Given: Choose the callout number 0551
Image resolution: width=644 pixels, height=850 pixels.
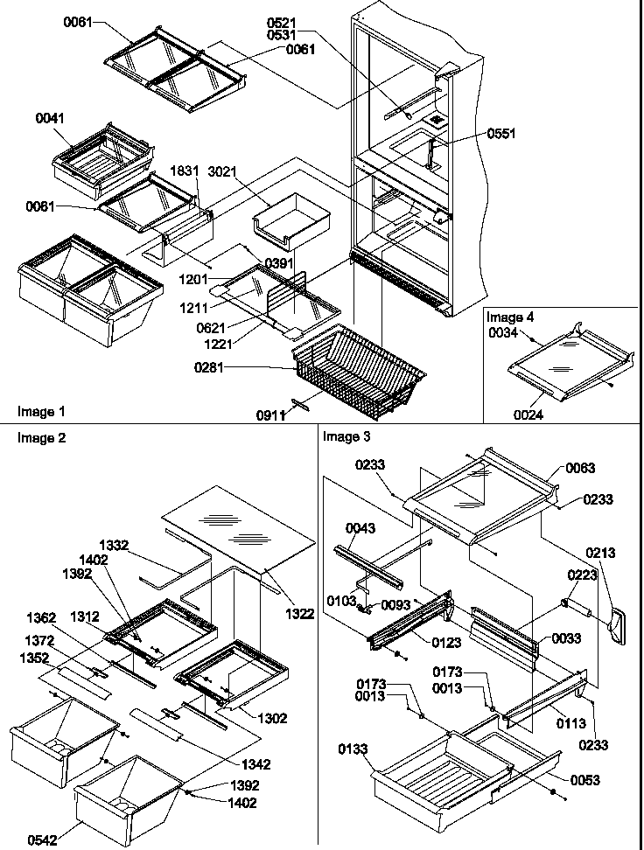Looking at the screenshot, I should click(x=502, y=134).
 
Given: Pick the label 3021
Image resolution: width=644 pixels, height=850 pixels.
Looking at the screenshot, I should click(x=220, y=174).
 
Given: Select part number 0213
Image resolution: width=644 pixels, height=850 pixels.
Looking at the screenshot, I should click(x=601, y=553).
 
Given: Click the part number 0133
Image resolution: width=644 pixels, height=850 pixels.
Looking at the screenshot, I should click(x=354, y=749).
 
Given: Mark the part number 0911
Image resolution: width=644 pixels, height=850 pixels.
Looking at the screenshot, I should click(x=272, y=417).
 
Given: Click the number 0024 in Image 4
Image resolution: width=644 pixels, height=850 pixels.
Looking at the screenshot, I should click(x=528, y=415).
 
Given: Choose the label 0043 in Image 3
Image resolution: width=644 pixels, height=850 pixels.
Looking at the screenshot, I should click(x=360, y=527).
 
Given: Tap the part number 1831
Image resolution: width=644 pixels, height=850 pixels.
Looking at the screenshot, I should click(x=183, y=174).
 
